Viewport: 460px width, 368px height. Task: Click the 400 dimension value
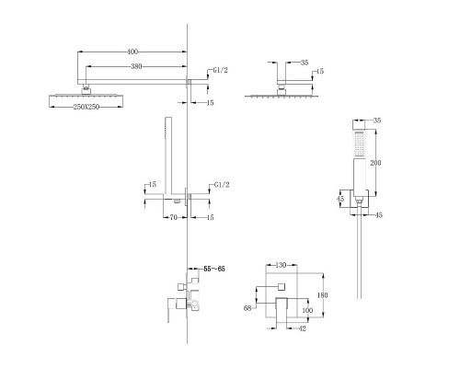(x=132, y=52)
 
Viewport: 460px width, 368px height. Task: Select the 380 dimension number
(x=136, y=66)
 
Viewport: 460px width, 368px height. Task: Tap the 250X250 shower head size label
(x=86, y=107)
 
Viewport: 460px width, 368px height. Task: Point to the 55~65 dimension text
(x=214, y=269)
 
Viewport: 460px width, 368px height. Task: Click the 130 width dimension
(x=281, y=265)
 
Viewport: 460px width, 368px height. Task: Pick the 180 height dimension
(x=322, y=295)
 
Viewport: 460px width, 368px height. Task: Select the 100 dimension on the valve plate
(x=307, y=310)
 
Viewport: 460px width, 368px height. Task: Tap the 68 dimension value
(x=247, y=308)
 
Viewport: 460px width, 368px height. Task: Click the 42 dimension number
(x=302, y=328)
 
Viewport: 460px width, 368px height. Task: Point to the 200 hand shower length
(x=375, y=163)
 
